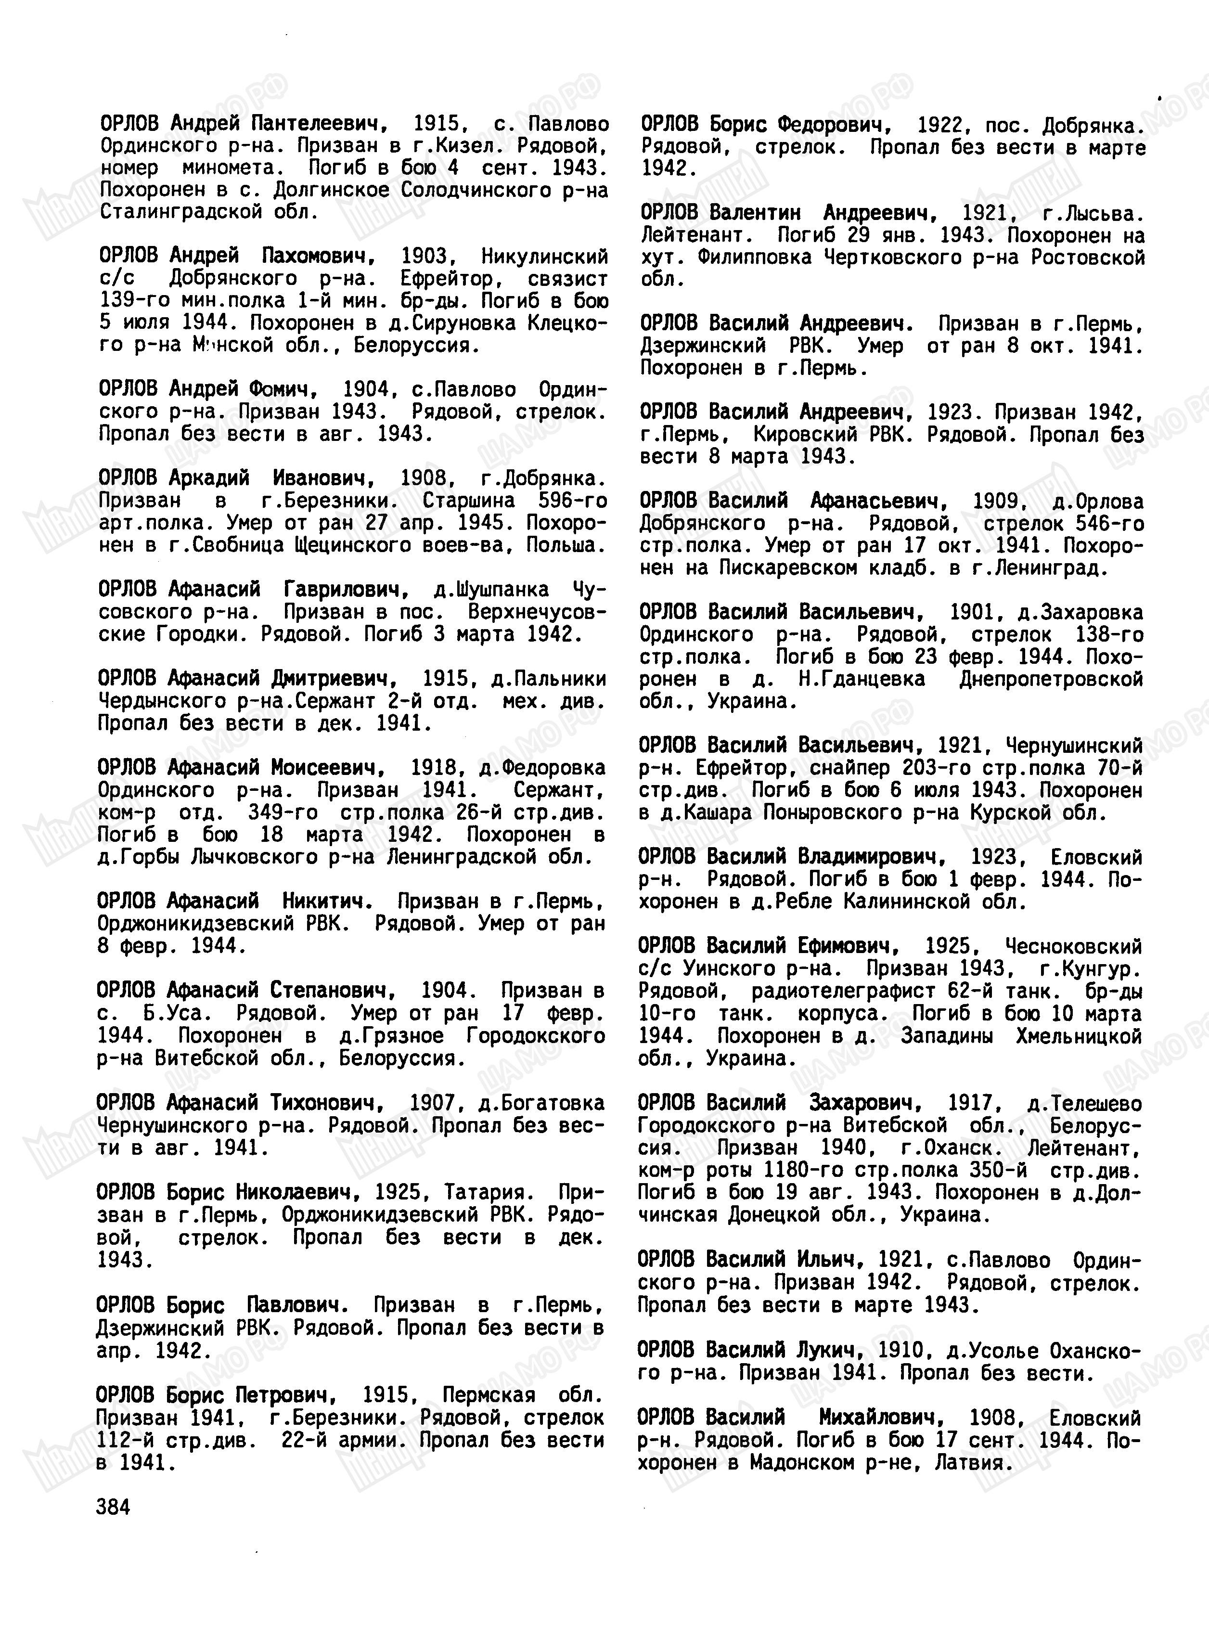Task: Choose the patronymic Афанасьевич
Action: [875, 502]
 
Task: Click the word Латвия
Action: [973, 1462]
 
